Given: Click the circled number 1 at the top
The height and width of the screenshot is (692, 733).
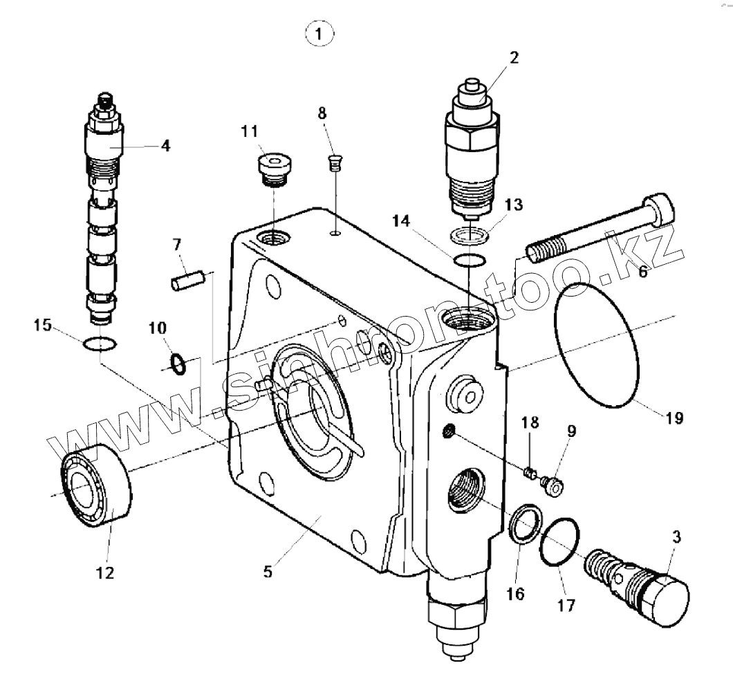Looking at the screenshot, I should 319,33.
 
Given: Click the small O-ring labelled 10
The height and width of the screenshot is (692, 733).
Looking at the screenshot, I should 178,363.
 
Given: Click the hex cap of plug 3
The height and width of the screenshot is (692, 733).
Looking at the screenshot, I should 667,598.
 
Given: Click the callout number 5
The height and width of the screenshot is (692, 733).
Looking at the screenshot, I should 269,572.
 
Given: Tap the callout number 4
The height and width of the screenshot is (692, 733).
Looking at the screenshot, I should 165,145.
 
